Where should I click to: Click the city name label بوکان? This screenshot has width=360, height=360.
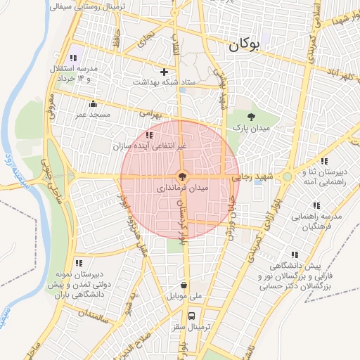point(244,46)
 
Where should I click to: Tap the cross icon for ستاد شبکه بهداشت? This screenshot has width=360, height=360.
point(164,72)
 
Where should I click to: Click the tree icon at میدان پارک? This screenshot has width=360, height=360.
point(252,117)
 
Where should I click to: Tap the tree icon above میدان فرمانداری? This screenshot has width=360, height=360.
point(181,176)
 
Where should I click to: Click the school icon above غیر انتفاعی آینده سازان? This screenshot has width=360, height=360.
point(148,134)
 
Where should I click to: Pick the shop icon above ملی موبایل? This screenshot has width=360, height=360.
point(184,285)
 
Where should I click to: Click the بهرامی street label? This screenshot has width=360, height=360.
point(150,112)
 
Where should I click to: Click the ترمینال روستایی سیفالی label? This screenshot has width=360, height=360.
point(88,6)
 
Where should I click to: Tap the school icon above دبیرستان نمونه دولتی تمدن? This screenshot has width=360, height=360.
point(78,263)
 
